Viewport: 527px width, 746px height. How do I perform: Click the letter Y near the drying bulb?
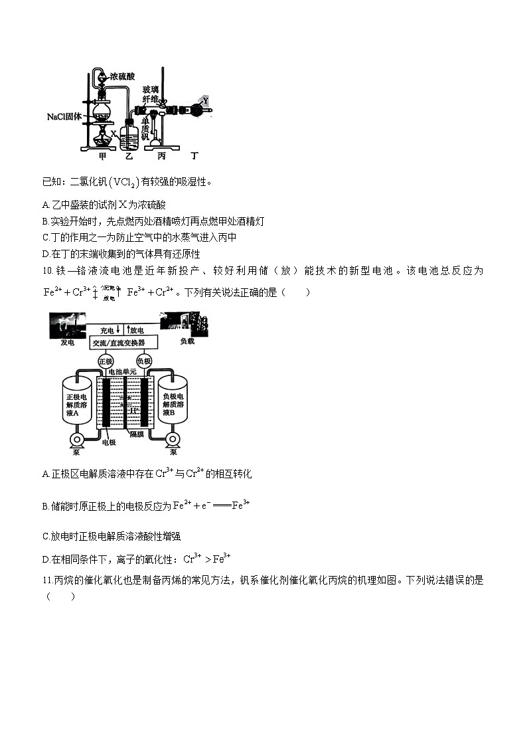click(x=205, y=100)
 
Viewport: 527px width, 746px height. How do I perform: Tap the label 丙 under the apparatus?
click(x=162, y=157)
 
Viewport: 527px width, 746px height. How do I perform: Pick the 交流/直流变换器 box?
click(x=124, y=342)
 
